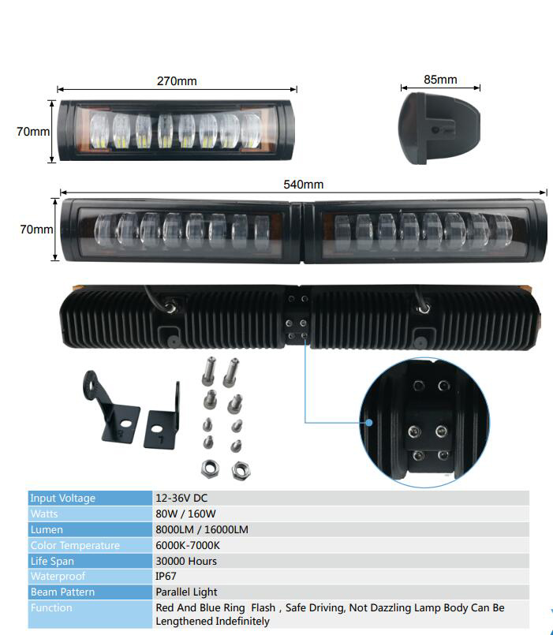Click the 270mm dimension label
177,81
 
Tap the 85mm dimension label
440,80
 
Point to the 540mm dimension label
303,185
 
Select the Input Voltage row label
62,499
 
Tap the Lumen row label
47,530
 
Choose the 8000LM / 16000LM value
202,530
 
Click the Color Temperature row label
75,546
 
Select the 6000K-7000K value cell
188,546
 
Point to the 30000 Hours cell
186,561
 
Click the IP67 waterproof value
166,577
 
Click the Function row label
51,608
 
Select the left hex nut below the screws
211,468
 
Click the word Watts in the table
44,514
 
